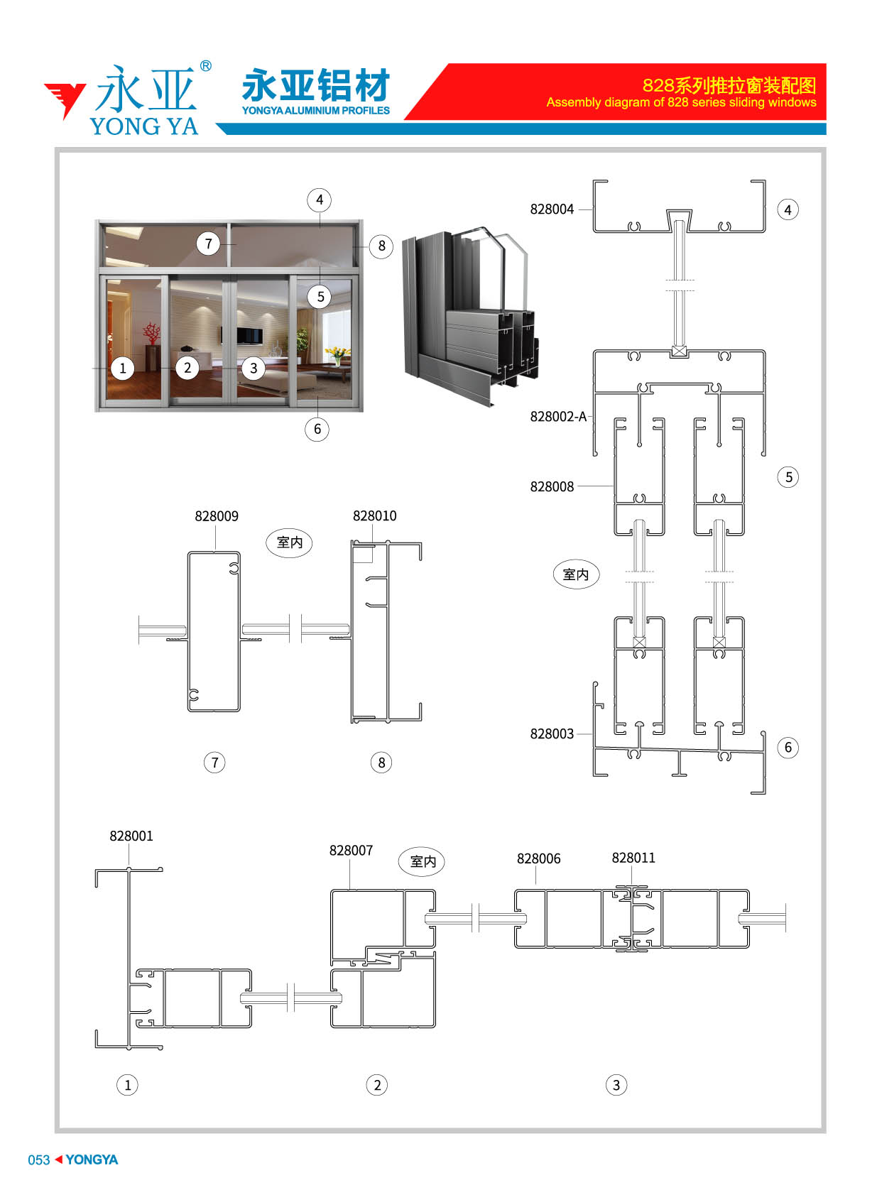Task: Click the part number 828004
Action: (x=551, y=209)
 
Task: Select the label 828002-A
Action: (x=557, y=416)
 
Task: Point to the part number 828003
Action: (x=551, y=733)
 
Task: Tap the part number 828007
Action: (x=351, y=850)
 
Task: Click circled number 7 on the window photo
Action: (x=208, y=244)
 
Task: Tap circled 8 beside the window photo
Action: (x=381, y=246)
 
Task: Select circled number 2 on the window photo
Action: (x=187, y=367)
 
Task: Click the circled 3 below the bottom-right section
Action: (x=616, y=1084)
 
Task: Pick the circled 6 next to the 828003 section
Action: (x=788, y=747)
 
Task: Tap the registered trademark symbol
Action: (x=205, y=66)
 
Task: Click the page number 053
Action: (x=39, y=1159)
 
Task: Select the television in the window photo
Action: (x=249, y=335)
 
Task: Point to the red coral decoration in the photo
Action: (x=151, y=334)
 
